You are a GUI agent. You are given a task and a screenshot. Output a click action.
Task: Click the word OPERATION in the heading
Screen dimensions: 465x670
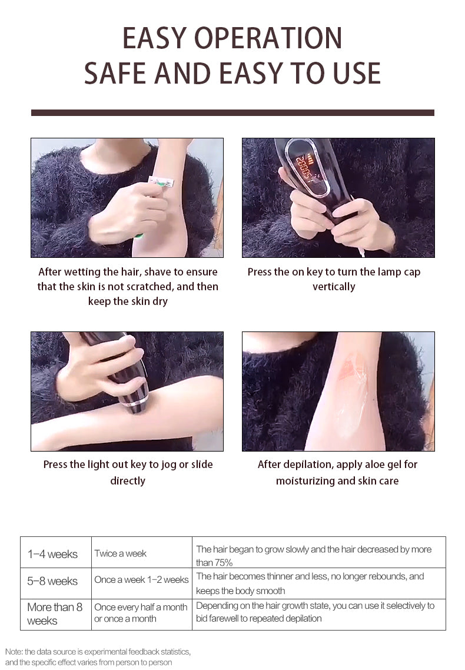(x=268, y=38)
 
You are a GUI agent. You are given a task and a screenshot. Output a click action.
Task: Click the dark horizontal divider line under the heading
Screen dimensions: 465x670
(x=232, y=113)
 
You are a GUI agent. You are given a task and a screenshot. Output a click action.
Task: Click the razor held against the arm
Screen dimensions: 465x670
(x=161, y=183)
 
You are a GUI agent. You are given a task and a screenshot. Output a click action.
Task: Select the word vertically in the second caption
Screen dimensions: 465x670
(x=334, y=287)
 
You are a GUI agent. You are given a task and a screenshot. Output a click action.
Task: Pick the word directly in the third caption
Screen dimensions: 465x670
(x=128, y=480)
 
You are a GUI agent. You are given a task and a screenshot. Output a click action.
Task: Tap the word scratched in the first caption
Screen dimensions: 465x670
(x=150, y=286)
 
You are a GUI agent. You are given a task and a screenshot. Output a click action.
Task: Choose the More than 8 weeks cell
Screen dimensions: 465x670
(x=56, y=614)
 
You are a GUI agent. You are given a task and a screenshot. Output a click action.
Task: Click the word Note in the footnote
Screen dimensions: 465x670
(x=14, y=652)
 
